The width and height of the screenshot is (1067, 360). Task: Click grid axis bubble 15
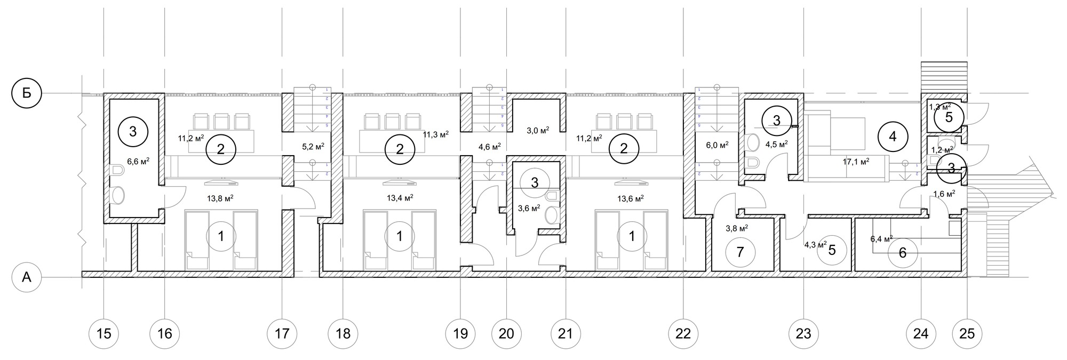(x=104, y=334)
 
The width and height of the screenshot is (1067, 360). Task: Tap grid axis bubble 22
(x=683, y=334)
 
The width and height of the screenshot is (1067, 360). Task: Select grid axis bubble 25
(x=967, y=334)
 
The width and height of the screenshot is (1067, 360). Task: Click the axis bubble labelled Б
(x=27, y=93)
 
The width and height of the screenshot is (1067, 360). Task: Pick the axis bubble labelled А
(x=27, y=278)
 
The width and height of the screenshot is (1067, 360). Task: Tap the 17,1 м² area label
(x=856, y=161)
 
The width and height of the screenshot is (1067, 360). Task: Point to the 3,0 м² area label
(x=538, y=130)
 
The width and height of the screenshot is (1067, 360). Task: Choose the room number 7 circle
(x=740, y=252)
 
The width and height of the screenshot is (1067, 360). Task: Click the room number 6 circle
(x=903, y=253)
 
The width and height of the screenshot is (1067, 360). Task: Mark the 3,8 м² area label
(x=737, y=228)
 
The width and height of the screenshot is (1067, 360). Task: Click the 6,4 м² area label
(x=881, y=238)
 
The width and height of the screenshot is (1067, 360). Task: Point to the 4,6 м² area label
(x=489, y=146)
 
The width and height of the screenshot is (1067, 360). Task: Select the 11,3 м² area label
(x=435, y=134)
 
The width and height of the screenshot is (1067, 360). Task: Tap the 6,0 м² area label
(x=717, y=145)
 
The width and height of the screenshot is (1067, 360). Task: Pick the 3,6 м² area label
(x=529, y=208)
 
